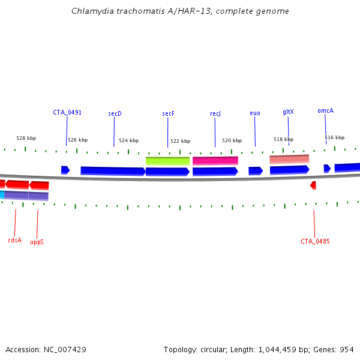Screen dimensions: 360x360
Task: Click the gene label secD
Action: point(115,113)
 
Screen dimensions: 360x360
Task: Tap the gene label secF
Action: point(168,113)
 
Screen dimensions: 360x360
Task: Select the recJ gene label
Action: point(215,113)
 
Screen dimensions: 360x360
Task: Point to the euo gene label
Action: point(255,113)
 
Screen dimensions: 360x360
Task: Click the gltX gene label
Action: point(288,112)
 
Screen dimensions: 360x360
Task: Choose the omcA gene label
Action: point(325,110)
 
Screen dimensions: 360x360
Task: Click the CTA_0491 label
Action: point(67,112)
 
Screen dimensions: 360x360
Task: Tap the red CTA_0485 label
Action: point(315,241)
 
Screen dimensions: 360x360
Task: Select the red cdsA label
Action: point(15,240)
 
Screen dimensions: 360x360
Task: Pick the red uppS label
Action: point(37,242)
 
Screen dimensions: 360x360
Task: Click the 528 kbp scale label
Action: point(26,138)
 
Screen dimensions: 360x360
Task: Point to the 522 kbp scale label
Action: point(180,141)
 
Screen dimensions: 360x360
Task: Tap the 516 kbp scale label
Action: point(335,137)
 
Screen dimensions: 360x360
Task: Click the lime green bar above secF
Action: point(167,161)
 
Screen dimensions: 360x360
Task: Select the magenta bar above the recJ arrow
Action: point(215,160)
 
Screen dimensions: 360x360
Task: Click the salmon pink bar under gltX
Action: point(289,159)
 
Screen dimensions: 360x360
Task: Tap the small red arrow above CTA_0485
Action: point(313,185)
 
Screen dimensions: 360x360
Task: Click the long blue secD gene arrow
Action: point(113,171)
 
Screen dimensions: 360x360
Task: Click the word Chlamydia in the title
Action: point(91,11)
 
